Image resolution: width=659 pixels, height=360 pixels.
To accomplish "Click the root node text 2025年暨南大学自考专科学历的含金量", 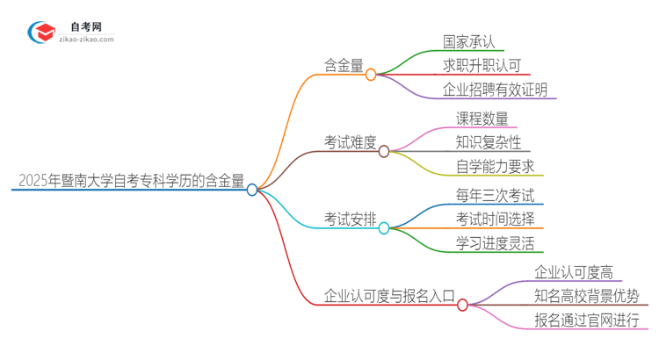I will coord(130,182).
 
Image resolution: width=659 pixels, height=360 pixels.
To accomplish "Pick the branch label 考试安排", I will coord(351,218).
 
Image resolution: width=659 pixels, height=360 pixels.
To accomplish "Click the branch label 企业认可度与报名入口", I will coord(389,295).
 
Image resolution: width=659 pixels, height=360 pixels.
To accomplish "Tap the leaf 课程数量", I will coord(482,119).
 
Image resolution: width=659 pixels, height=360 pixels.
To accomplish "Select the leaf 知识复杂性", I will coord(488,142).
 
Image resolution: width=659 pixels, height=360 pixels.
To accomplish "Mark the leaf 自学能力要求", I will coord(495,166).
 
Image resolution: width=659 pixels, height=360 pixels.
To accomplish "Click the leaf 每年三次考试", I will coord(494,196).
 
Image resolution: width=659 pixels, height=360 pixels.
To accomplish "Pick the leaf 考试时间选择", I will coord(495,220).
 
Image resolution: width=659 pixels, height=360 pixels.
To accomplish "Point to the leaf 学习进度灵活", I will coord(495,243).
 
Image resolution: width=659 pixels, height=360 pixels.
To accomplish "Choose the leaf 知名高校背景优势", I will coord(586,296).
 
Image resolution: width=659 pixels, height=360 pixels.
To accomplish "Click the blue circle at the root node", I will coord(252,189).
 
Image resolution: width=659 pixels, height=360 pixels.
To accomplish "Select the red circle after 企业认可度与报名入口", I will coord(462,305).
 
